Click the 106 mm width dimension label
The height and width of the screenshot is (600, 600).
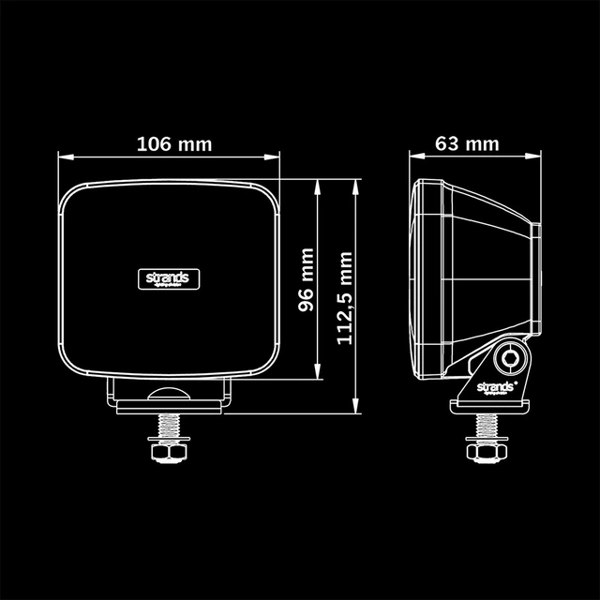[x=174, y=144]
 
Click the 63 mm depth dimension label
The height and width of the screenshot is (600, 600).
[x=467, y=144]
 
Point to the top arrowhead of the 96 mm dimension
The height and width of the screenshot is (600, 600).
[x=320, y=185]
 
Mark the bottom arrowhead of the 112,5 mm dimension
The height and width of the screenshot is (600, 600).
[x=356, y=408]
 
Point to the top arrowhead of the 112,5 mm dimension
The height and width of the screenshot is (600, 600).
[x=356, y=185]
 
